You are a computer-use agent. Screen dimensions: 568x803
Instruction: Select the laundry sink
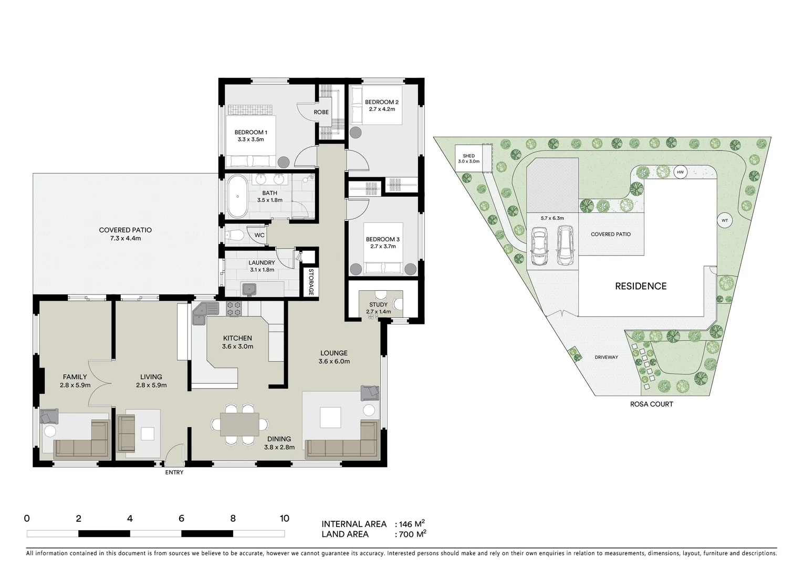click(x=249, y=288)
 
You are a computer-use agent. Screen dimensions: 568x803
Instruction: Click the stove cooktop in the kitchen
click(x=234, y=309)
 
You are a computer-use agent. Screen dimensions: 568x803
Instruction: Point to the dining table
click(x=239, y=424)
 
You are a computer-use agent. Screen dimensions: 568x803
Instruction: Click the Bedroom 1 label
click(x=251, y=133)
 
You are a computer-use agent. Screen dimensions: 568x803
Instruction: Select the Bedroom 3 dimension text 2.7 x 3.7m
click(x=382, y=247)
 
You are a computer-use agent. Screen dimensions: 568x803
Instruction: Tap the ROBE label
click(x=321, y=113)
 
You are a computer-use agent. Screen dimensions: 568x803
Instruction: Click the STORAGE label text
click(x=310, y=282)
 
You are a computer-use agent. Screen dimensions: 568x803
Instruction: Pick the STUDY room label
click(x=378, y=305)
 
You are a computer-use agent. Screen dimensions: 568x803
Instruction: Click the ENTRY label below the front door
click(x=174, y=472)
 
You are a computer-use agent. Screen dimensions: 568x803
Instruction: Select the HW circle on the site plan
click(x=680, y=172)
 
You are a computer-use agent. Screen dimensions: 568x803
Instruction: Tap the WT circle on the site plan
click(x=725, y=220)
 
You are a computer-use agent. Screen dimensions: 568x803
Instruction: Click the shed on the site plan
click(x=468, y=159)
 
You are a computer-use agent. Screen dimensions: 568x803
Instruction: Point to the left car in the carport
click(x=539, y=246)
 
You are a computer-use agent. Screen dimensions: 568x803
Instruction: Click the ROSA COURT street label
click(x=651, y=404)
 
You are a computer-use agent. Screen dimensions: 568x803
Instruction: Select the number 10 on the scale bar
click(x=284, y=519)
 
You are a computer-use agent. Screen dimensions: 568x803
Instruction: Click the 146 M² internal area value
click(x=412, y=524)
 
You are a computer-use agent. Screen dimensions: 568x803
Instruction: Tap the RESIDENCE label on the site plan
click(x=641, y=286)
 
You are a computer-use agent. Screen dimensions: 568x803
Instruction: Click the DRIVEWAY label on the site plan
click(x=606, y=357)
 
